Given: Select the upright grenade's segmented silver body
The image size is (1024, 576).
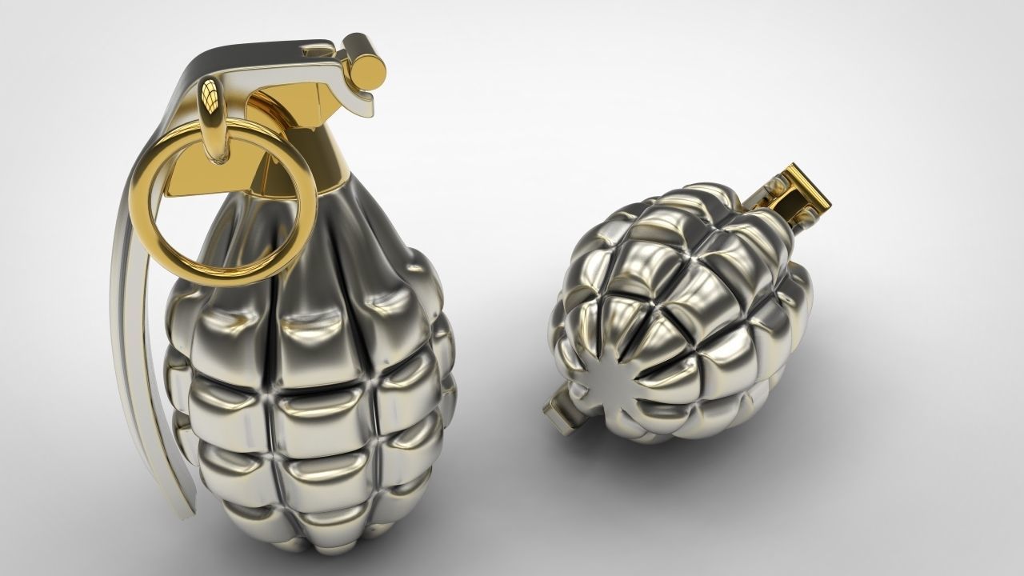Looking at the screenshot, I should tap(312, 384).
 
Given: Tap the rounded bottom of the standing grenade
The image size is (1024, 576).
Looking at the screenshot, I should tap(320, 536).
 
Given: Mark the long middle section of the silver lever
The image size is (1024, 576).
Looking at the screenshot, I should tap(132, 320).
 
